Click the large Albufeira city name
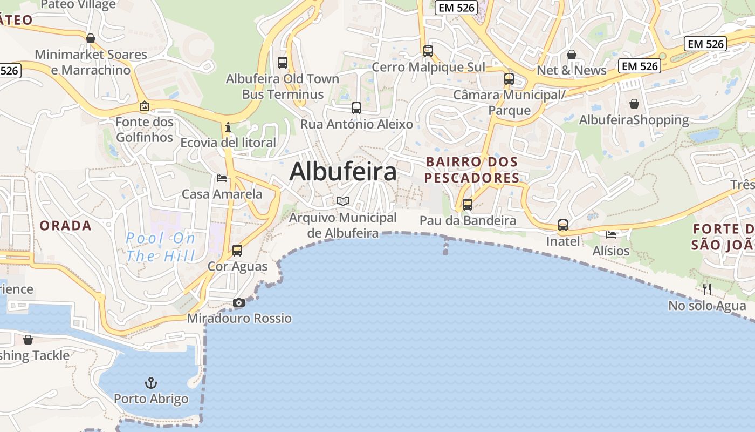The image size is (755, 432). pyautogui.click(x=343, y=172)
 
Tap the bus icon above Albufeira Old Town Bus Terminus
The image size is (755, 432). pyautogui.click(x=283, y=62)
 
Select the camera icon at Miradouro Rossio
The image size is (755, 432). pyautogui.click(x=238, y=303)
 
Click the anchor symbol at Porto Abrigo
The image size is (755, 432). pyautogui.click(x=151, y=383)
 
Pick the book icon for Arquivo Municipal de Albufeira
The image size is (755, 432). pyautogui.click(x=343, y=201)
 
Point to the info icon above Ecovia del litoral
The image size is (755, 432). pyautogui.click(x=228, y=127)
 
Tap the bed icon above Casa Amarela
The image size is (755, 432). pyautogui.click(x=222, y=178)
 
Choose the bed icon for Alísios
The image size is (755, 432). pyautogui.click(x=611, y=235)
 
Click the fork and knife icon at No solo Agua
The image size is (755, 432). pyautogui.click(x=707, y=289)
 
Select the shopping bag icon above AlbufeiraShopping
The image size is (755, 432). pyautogui.click(x=634, y=103)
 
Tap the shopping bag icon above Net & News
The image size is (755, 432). pyautogui.click(x=572, y=55)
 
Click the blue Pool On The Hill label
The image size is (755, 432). pyautogui.click(x=160, y=246)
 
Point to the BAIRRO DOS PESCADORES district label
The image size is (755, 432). pyautogui.click(x=472, y=170)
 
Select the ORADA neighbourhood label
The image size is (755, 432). pyautogui.click(x=66, y=226)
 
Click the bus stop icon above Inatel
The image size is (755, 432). pyautogui.click(x=563, y=225)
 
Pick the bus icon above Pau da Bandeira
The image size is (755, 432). pyautogui.click(x=468, y=205)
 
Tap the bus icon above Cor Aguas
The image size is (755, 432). pyautogui.click(x=237, y=251)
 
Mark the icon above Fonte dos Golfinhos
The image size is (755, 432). pyautogui.click(x=144, y=106)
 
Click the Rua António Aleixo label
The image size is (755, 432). pyautogui.click(x=356, y=124)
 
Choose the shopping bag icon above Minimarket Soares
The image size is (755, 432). pyautogui.click(x=91, y=38)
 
